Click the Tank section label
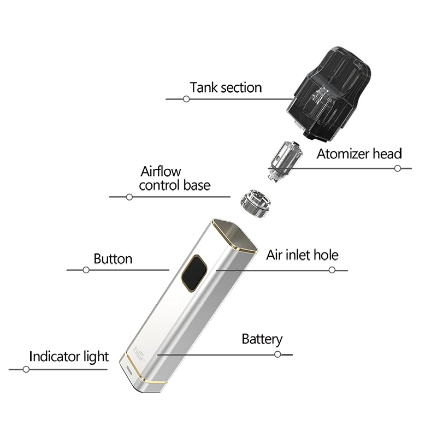coord(226,87)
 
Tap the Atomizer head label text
coord(359,153)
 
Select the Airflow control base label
coord(174,179)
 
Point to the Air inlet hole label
coord(302,255)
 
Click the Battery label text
coord(262,339)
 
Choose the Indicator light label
coord(69,357)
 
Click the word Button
coord(113,258)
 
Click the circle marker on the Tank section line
coord(186,99)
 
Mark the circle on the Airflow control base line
coord(129,197)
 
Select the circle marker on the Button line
coord(86,270)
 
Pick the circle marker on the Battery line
coord(277,354)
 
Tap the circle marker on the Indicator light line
coord(26,370)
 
